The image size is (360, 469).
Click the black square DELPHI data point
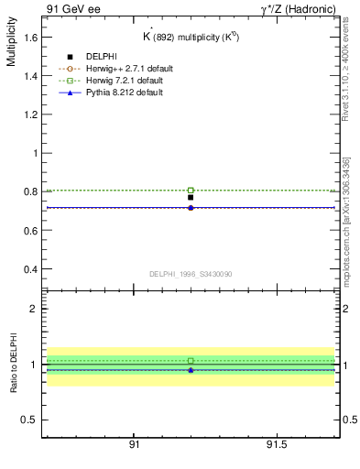191,197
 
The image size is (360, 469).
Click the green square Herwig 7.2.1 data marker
191,191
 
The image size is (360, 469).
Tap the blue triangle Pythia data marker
191,208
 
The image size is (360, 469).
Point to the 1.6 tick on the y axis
30,37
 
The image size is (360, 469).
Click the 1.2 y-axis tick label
30,115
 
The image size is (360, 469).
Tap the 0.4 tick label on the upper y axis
30,269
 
